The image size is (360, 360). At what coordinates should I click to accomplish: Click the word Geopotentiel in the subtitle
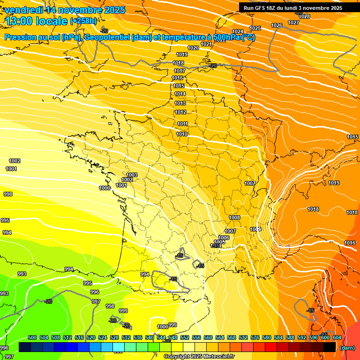[x=107, y=37]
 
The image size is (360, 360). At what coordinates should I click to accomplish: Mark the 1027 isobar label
[x=293, y=22]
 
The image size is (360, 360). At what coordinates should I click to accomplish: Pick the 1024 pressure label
[x=238, y=31]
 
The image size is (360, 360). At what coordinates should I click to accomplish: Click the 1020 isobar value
[x=193, y=48]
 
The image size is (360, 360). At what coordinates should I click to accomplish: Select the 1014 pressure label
[x=180, y=94]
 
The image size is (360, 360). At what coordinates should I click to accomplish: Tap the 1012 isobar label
[x=180, y=112]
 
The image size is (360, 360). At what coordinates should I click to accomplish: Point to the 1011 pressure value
[x=182, y=124]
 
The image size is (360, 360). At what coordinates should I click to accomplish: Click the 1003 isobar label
[x=132, y=175]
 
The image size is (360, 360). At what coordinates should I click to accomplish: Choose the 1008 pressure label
[x=234, y=217]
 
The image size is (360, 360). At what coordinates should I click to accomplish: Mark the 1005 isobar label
[x=219, y=242]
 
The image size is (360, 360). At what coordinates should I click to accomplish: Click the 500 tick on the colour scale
[x=32, y=337]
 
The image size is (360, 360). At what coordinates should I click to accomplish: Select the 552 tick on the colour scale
[x=185, y=337]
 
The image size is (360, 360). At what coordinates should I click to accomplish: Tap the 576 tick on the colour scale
[x=255, y=337]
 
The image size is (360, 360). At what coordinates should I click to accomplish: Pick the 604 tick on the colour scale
[x=337, y=337]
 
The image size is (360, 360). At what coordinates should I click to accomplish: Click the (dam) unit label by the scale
[x=347, y=348]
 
